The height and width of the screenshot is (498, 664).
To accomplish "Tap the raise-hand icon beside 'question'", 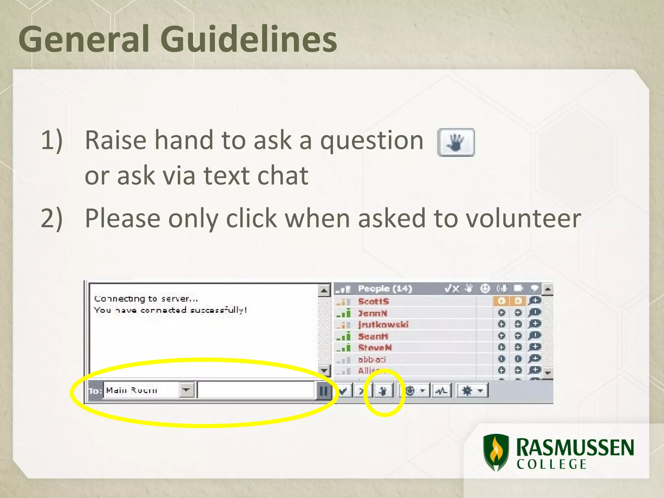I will (x=456, y=142).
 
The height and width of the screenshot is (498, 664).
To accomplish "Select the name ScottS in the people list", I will (x=373, y=302).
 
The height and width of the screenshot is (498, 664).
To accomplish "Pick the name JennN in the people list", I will (x=373, y=313).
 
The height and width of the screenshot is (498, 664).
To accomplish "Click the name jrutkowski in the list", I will (x=383, y=325).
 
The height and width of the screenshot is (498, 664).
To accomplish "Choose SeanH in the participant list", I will (x=373, y=336).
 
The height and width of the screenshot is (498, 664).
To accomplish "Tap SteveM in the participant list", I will (x=375, y=348).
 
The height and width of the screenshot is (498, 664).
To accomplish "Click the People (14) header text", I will (x=385, y=289).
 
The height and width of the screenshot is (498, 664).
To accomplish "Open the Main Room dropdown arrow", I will (x=186, y=390).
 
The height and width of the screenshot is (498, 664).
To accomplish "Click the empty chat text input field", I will (x=255, y=390).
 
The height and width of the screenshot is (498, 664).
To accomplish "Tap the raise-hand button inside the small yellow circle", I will (x=383, y=391).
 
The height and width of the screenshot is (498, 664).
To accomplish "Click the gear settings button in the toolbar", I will (x=467, y=391).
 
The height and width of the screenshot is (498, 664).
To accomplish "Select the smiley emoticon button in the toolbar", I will (x=410, y=391).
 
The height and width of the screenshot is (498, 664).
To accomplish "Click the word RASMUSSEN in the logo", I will (x=575, y=447).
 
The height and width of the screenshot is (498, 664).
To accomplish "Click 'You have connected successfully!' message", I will (x=171, y=310).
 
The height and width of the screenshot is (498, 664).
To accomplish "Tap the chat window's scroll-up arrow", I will (x=324, y=290).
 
